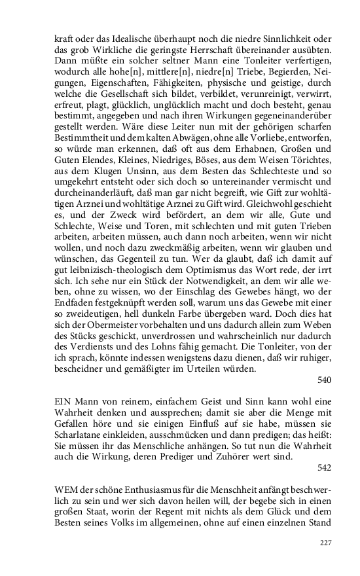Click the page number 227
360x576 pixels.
tap(325, 543)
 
